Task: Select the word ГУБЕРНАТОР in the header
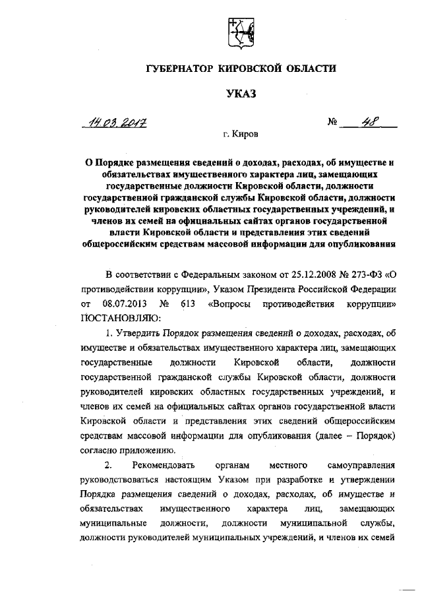pos(183,69)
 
